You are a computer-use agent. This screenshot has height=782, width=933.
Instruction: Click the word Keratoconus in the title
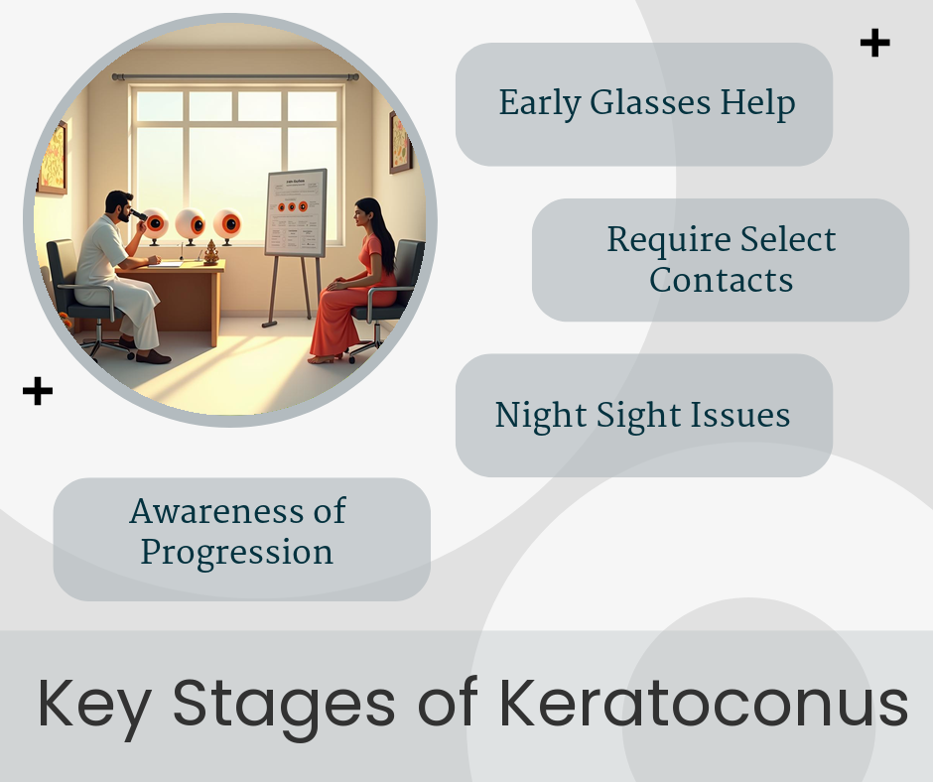pos(704,703)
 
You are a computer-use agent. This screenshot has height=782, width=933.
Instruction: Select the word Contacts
pos(722,280)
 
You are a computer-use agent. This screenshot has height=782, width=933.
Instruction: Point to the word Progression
pos(237,553)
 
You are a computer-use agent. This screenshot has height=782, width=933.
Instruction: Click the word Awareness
pos(215,511)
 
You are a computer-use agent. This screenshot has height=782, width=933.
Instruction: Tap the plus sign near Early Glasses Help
pos(874,43)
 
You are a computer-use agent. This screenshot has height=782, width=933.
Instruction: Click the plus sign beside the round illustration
pos(38,391)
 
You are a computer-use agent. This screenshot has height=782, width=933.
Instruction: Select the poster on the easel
pos(296,212)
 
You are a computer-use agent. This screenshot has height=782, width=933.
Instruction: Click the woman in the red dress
pos(354,281)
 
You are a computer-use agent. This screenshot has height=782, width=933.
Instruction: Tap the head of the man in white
pos(119,206)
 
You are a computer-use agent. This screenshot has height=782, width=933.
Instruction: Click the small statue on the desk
pos(211,252)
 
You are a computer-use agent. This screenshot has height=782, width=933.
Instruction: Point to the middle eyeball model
pos(191,225)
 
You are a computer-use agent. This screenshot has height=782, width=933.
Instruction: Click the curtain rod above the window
pos(235,76)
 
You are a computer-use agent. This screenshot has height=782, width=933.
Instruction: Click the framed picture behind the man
pos(54,159)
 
